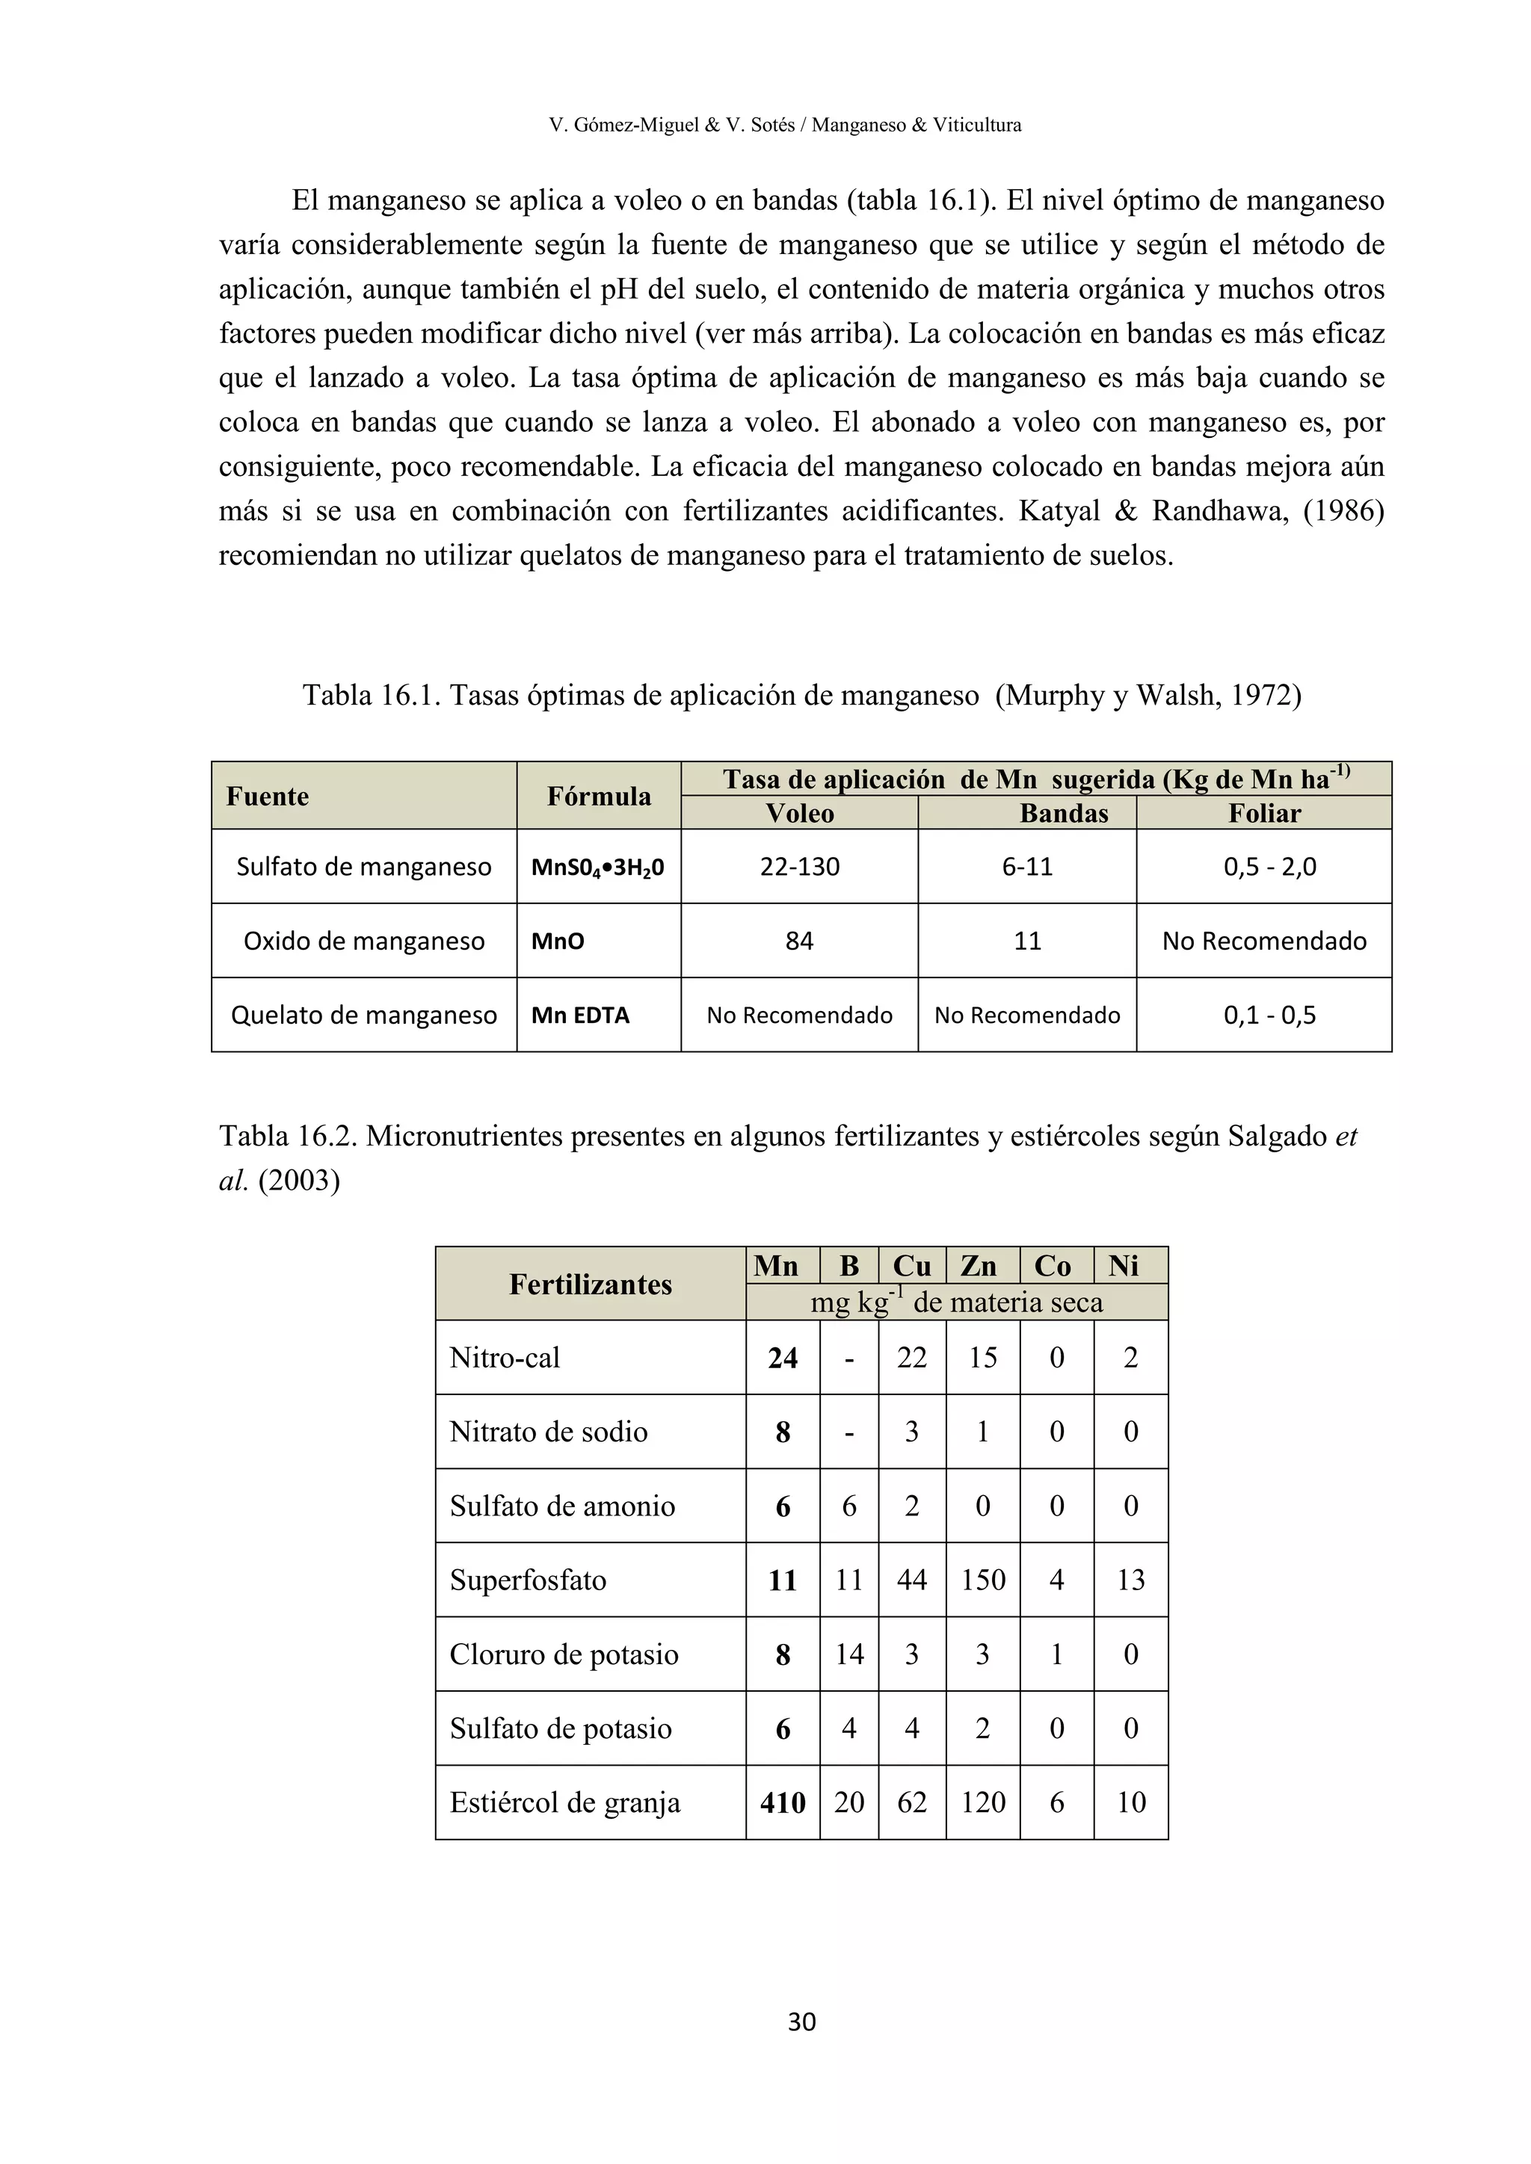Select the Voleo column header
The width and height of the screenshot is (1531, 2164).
799,814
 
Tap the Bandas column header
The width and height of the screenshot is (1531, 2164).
1064,814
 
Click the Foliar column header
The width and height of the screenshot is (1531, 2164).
1264,814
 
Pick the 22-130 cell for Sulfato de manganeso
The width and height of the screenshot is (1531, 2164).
799,867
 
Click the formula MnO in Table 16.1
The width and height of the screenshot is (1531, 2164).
558,942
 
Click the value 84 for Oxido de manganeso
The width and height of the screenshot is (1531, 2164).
799,942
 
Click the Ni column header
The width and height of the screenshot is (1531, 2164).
1124,1266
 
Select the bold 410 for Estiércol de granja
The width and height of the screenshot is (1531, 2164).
783,1803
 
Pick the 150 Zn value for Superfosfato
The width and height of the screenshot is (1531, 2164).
982,1580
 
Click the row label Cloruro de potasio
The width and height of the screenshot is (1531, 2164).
564,1654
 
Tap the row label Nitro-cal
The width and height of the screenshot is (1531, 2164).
505,1358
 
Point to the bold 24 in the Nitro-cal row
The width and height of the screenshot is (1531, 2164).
783,1358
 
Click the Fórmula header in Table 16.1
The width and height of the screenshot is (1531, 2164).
599,797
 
